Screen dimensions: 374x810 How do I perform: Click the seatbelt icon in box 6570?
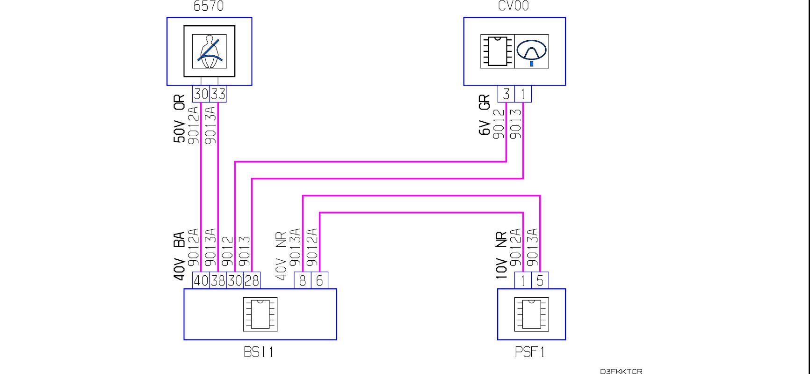[x=209, y=51]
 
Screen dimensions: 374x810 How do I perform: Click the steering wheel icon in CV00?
[x=532, y=51]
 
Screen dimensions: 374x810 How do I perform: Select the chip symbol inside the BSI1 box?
[x=260, y=314]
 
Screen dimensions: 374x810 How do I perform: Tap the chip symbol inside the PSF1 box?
[x=531, y=314]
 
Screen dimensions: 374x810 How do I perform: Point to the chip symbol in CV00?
[x=497, y=51]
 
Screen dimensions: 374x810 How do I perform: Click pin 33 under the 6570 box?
[x=218, y=94]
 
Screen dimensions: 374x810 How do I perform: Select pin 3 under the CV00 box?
[x=506, y=94]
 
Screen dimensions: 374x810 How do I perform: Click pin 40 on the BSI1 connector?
[x=201, y=280]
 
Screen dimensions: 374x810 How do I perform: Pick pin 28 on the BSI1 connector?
[x=252, y=280]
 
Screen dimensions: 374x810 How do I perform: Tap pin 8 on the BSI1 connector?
[x=303, y=280]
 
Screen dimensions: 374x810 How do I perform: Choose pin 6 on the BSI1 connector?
[x=320, y=280]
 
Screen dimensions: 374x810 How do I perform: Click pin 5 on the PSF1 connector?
[x=540, y=280]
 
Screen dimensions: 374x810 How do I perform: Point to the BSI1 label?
[x=258, y=352]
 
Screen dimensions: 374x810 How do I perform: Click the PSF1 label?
[x=530, y=352]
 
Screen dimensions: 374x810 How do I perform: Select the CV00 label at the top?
[x=513, y=6]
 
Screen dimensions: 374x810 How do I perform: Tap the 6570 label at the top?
[x=209, y=6]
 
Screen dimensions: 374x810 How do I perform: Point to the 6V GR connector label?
[x=485, y=115]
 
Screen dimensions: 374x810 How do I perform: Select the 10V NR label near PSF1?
[x=501, y=256]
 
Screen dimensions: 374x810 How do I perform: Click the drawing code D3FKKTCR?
[x=621, y=371]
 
